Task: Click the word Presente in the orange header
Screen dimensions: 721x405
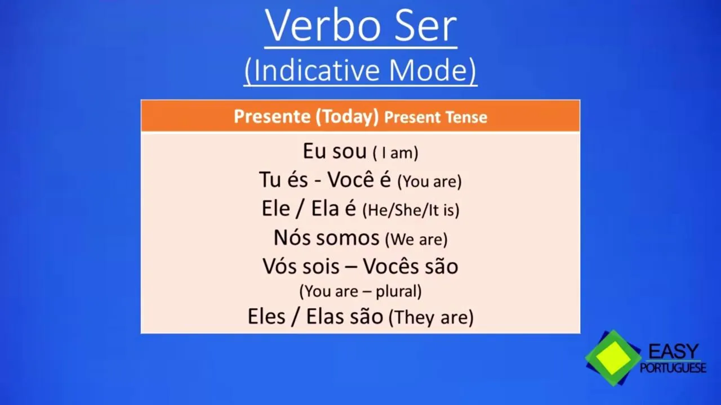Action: (272, 116)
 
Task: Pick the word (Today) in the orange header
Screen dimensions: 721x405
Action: (348, 117)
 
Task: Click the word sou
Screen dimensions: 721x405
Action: (350, 151)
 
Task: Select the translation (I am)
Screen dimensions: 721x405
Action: (395, 153)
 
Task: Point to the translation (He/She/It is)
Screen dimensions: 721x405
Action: (411, 210)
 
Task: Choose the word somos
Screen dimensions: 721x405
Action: (348, 238)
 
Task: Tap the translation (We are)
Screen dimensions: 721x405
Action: (416, 240)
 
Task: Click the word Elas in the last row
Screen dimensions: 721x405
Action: (325, 316)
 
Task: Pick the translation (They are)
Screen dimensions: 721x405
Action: (431, 318)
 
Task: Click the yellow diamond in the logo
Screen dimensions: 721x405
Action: (613, 358)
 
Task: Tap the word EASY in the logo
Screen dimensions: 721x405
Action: (673, 352)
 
